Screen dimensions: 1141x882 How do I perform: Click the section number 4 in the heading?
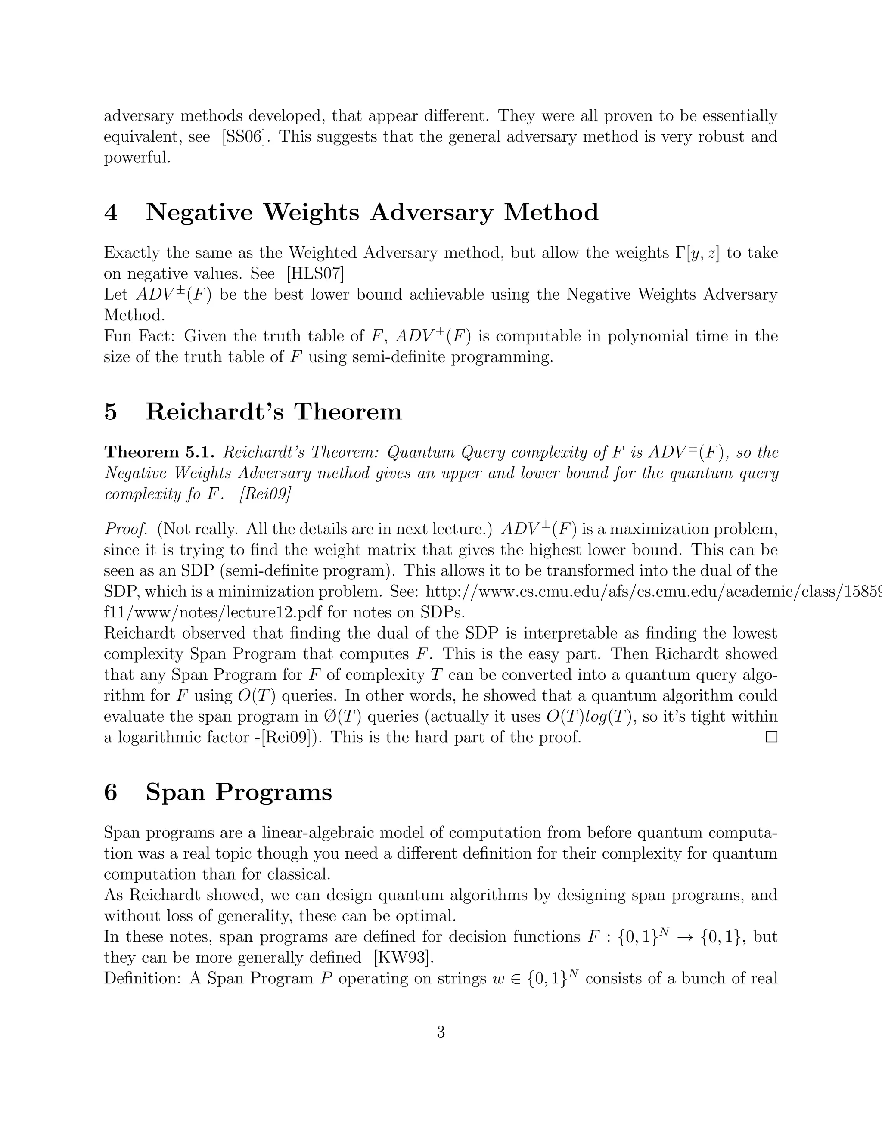click(111, 213)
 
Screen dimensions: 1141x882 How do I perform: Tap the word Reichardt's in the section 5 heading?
click(215, 412)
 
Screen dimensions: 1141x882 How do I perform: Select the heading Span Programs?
click(239, 792)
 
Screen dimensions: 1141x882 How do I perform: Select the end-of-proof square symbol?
click(771, 737)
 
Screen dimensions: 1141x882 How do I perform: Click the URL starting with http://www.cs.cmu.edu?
click(653, 592)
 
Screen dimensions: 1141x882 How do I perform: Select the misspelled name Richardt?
click(693, 654)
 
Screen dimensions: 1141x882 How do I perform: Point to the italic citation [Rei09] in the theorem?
click(264, 494)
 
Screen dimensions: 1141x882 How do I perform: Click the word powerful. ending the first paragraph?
click(137, 158)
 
